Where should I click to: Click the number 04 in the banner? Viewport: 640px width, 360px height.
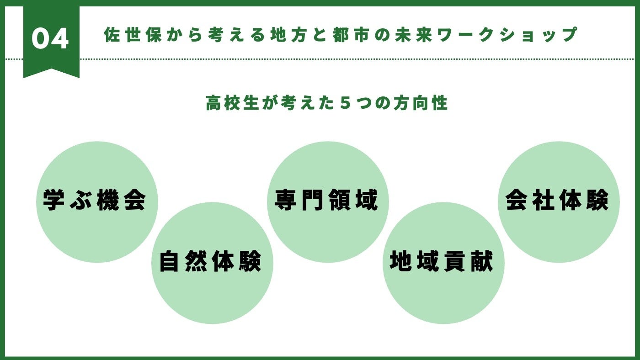(x=50, y=39)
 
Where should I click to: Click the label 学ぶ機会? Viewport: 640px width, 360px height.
(x=95, y=200)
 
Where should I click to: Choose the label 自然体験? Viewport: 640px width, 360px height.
(x=210, y=262)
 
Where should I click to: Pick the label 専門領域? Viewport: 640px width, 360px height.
(x=327, y=200)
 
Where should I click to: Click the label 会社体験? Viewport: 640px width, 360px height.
(x=557, y=200)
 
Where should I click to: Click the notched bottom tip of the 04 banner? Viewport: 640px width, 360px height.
(x=51, y=71)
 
